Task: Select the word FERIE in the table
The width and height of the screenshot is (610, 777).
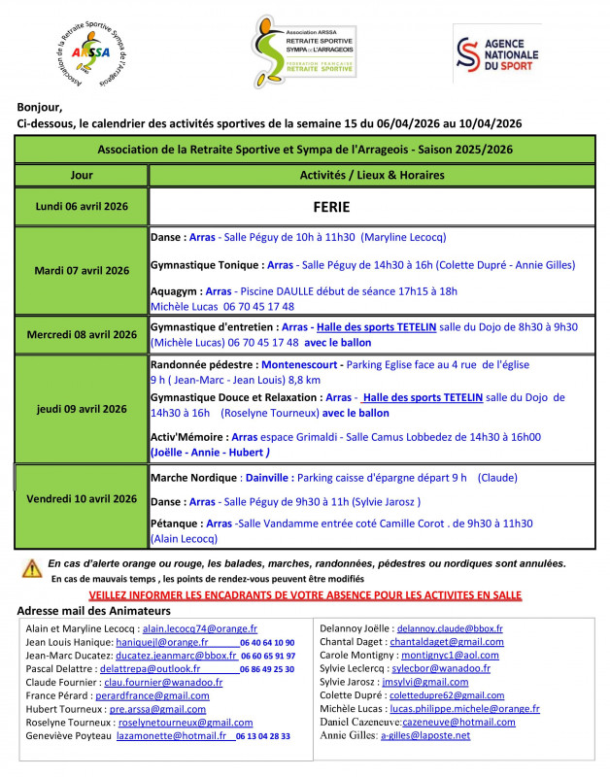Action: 331,207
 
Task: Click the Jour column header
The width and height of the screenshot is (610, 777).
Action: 83,175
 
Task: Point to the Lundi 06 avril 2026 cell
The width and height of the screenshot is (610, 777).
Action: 82,207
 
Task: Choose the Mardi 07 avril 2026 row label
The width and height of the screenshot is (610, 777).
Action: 82,270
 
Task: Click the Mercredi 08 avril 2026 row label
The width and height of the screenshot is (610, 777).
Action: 82,335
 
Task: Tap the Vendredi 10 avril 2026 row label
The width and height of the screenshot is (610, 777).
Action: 82,498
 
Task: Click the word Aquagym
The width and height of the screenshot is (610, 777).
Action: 175,291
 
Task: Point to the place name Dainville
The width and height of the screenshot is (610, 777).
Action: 265,478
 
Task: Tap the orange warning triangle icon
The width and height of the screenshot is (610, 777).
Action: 32,568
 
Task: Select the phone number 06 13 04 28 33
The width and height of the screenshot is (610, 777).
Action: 262,736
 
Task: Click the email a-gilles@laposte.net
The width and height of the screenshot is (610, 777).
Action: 425,735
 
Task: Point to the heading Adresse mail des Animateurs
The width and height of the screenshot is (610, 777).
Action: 93,611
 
